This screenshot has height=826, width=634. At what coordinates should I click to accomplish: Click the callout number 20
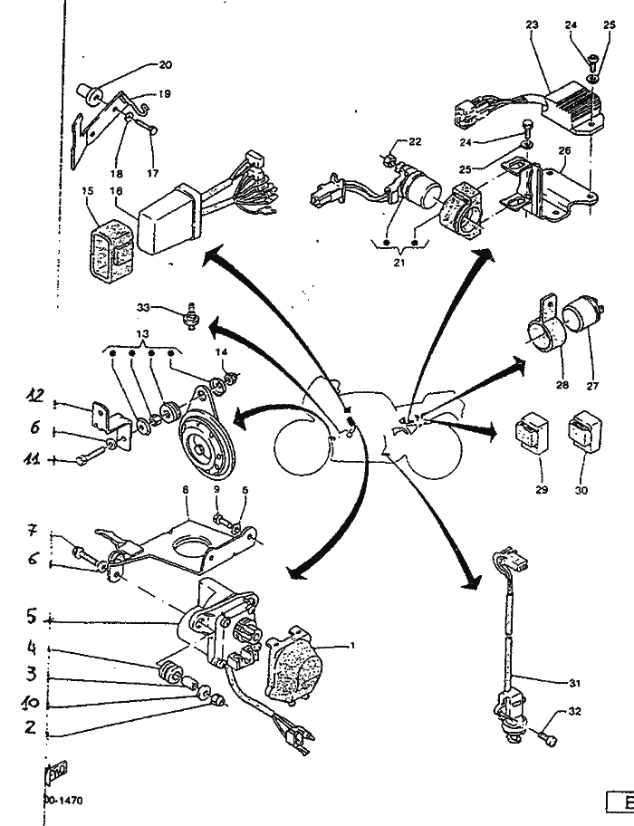coord(165,65)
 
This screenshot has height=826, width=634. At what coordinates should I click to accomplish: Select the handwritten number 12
coord(35,395)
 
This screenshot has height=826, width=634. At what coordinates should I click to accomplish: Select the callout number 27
coord(592,385)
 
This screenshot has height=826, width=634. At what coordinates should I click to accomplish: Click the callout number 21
coord(399,262)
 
